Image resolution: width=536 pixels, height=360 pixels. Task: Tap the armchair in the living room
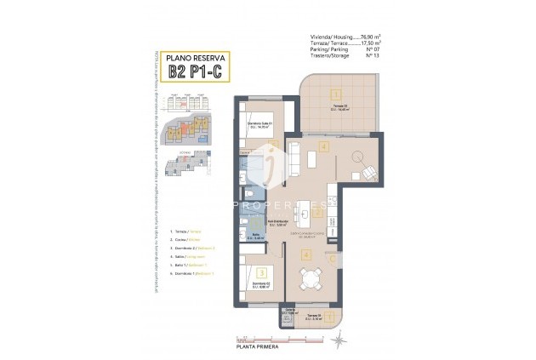[x=368, y=171]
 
